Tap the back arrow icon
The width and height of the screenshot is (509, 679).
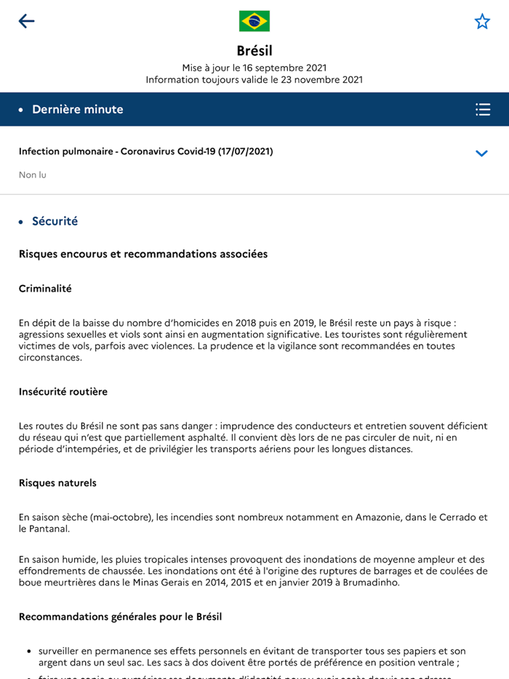pyautogui.click(x=26, y=21)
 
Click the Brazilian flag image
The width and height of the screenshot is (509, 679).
pyautogui.click(x=254, y=21)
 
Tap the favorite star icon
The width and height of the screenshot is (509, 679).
pyautogui.click(x=482, y=21)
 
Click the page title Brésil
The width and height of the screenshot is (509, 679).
pyautogui.click(x=254, y=50)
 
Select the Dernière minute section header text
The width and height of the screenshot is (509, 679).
pyautogui.click(x=78, y=109)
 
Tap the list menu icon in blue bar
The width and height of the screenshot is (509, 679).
pyautogui.click(x=483, y=109)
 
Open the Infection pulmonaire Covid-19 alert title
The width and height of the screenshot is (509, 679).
pyautogui.click(x=145, y=151)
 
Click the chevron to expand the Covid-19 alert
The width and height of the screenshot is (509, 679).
pyautogui.click(x=481, y=153)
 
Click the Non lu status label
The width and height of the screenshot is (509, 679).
pyautogui.click(x=33, y=175)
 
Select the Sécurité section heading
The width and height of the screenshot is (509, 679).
pyautogui.click(x=55, y=221)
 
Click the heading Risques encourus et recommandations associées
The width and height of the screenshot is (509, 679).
pyautogui.click(x=143, y=254)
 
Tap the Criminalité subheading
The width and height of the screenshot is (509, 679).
pyautogui.click(x=45, y=289)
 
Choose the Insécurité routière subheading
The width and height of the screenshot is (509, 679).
pyautogui.click(x=63, y=392)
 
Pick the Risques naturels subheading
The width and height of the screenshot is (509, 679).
pyautogui.click(x=57, y=483)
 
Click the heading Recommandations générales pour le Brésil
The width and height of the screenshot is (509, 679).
pyautogui.click(x=120, y=616)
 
